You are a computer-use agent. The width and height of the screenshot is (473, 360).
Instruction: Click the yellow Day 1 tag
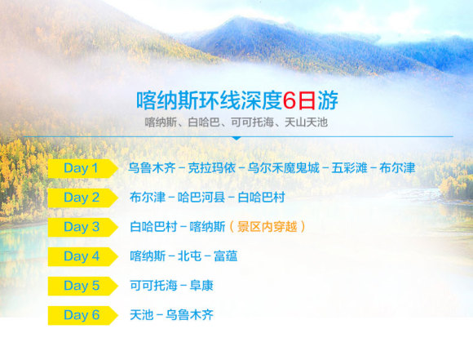pyautogui.click(x=82, y=168)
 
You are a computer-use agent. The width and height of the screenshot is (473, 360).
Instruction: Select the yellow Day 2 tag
pyautogui.click(x=82, y=198)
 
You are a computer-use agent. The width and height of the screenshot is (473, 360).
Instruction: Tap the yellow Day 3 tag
pyautogui.click(x=82, y=227)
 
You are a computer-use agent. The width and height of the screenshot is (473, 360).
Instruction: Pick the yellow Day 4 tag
pyautogui.click(x=82, y=256)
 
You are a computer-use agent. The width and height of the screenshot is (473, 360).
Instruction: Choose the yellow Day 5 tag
pyautogui.click(x=82, y=286)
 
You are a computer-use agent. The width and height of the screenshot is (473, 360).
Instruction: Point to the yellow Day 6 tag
pyautogui.click(x=82, y=315)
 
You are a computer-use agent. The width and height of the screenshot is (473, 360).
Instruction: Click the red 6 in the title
pyautogui.click(x=290, y=100)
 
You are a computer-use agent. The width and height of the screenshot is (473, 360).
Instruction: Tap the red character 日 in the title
pyautogui.click(x=307, y=100)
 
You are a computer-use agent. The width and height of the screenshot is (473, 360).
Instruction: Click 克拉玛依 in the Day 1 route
pyautogui.click(x=212, y=168)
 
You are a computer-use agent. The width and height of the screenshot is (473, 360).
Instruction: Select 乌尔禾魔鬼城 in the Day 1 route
pyautogui.click(x=283, y=168)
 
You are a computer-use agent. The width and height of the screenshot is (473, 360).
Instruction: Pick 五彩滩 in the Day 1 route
pyautogui.click(x=349, y=168)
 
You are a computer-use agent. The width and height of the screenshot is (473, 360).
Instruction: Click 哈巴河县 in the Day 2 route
pyautogui.click(x=201, y=198)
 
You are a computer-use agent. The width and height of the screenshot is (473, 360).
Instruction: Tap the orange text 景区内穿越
pyautogui.click(x=267, y=227)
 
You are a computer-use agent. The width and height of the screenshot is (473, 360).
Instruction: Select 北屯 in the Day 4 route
pyautogui.click(x=189, y=256)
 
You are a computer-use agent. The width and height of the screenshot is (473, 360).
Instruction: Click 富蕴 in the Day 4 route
pyautogui.click(x=225, y=256)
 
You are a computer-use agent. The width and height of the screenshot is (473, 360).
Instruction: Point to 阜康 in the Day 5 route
pyautogui.click(x=201, y=286)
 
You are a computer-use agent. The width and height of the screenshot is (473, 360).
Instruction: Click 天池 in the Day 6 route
pyautogui.click(x=141, y=315)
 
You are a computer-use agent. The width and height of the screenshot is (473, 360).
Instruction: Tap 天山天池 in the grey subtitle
pyautogui.click(x=306, y=122)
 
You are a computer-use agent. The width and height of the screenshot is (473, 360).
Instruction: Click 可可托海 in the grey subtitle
pyautogui.click(x=252, y=122)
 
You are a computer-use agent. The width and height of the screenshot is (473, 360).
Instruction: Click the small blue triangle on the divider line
pyautogui.click(x=236, y=138)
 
